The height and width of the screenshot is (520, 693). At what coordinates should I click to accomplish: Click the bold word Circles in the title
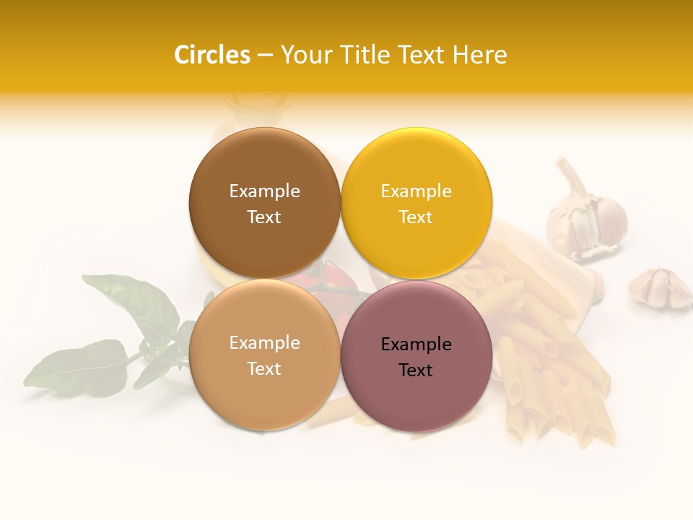(x=212, y=55)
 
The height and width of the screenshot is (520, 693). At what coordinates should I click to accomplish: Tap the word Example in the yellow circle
(x=416, y=191)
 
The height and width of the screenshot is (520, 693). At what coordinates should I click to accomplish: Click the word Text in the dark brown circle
(x=264, y=217)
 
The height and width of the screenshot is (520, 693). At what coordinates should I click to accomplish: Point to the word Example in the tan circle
(x=264, y=342)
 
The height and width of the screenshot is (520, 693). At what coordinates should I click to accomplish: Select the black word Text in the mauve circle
(x=416, y=370)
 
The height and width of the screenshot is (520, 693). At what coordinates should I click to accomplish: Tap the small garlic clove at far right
(x=658, y=287)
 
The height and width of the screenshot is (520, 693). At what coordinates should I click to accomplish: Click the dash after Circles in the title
(x=264, y=55)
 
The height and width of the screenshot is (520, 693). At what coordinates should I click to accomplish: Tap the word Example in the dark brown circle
(x=264, y=191)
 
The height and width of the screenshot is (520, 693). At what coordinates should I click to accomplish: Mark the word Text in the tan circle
(x=264, y=368)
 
